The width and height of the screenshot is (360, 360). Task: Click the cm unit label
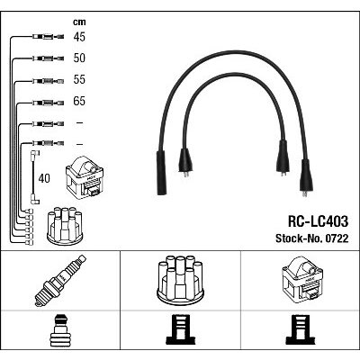click(x=79, y=22)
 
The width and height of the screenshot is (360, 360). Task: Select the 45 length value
click(x=79, y=37)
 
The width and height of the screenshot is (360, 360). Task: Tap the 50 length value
click(x=79, y=58)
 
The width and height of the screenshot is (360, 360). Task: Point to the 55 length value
click(x=79, y=79)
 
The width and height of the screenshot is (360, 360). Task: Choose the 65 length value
click(x=79, y=101)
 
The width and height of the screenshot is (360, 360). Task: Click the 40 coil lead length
click(x=44, y=178)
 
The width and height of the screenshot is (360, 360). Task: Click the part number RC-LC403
click(x=318, y=221)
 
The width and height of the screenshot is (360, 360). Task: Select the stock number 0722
click(x=312, y=238)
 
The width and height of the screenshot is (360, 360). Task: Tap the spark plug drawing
click(x=60, y=281)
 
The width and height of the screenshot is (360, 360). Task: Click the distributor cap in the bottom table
click(x=180, y=278)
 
